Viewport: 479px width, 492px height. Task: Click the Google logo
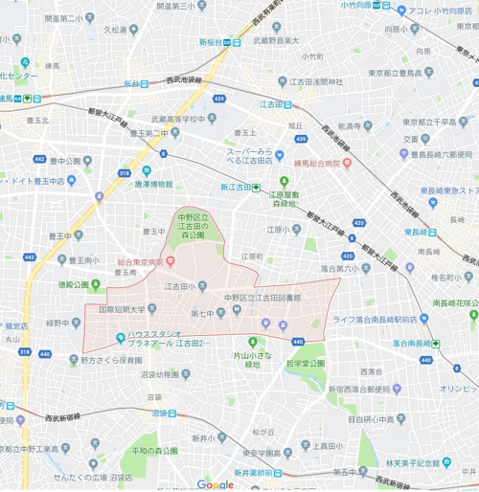(x=216, y=484)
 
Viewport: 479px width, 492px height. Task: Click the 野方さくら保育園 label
(x=112, y=361)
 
